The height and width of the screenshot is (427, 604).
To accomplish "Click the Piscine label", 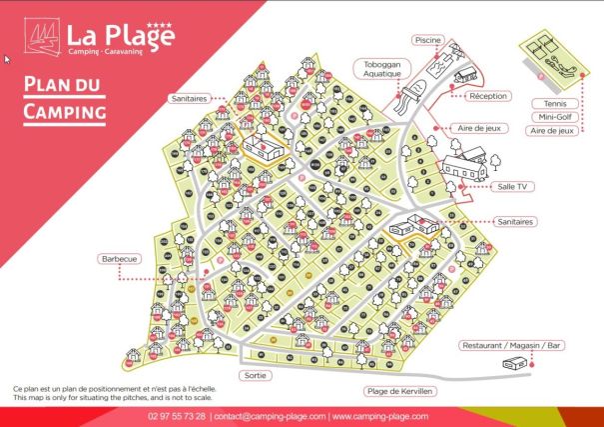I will pos(426,40).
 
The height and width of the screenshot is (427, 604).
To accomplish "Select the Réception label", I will pos(488,96).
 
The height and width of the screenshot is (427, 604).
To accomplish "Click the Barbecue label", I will pos(119,259).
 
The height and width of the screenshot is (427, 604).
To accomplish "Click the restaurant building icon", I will pos(515,366).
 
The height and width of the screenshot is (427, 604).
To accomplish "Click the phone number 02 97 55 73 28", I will pos(177,416).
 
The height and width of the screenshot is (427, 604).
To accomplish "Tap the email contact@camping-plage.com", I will pos(269,416).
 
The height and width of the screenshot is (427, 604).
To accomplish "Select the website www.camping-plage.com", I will pos(380,416).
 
